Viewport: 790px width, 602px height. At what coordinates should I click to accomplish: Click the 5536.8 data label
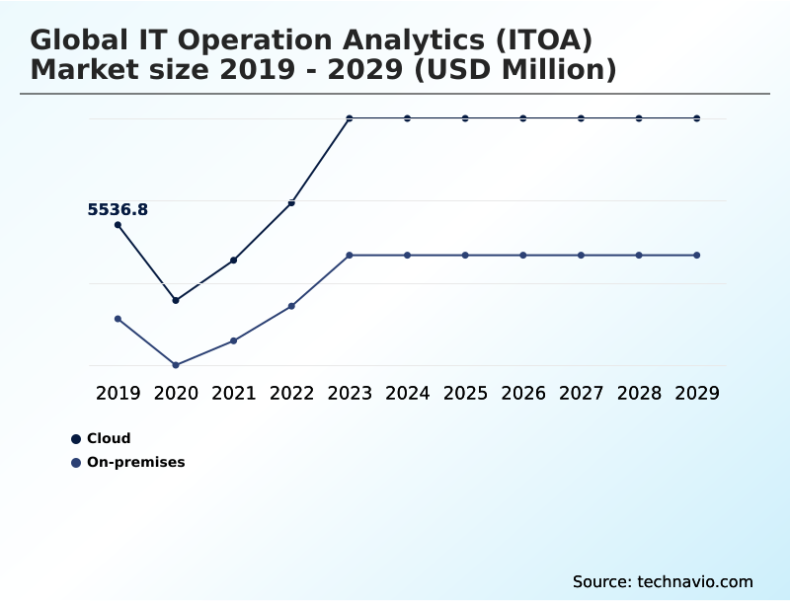118,209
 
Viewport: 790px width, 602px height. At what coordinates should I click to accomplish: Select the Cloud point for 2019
118,225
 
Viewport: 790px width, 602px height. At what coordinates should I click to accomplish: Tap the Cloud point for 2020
176,300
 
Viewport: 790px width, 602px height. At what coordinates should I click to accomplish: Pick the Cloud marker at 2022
291,202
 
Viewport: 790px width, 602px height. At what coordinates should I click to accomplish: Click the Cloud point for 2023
350,118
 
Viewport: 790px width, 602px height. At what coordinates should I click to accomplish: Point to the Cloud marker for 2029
697,118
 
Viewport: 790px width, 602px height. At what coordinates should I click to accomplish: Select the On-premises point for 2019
118,319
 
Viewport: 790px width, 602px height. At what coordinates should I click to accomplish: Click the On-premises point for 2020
176,365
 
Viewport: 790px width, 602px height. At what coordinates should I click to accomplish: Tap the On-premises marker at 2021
234,340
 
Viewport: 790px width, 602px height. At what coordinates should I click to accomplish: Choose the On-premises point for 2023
350,256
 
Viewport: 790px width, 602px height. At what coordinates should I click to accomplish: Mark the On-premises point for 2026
523,256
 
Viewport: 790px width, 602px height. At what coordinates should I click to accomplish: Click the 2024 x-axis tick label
407,393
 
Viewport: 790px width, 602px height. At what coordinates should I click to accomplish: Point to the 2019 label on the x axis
118,393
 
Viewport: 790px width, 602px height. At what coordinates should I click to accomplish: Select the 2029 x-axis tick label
697,393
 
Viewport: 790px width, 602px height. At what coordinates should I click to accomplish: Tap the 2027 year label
581,393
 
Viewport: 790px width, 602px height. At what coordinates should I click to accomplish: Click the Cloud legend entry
108,439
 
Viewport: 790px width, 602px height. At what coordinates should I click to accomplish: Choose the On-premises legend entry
135,462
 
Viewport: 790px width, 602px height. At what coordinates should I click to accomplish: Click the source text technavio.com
663,581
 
